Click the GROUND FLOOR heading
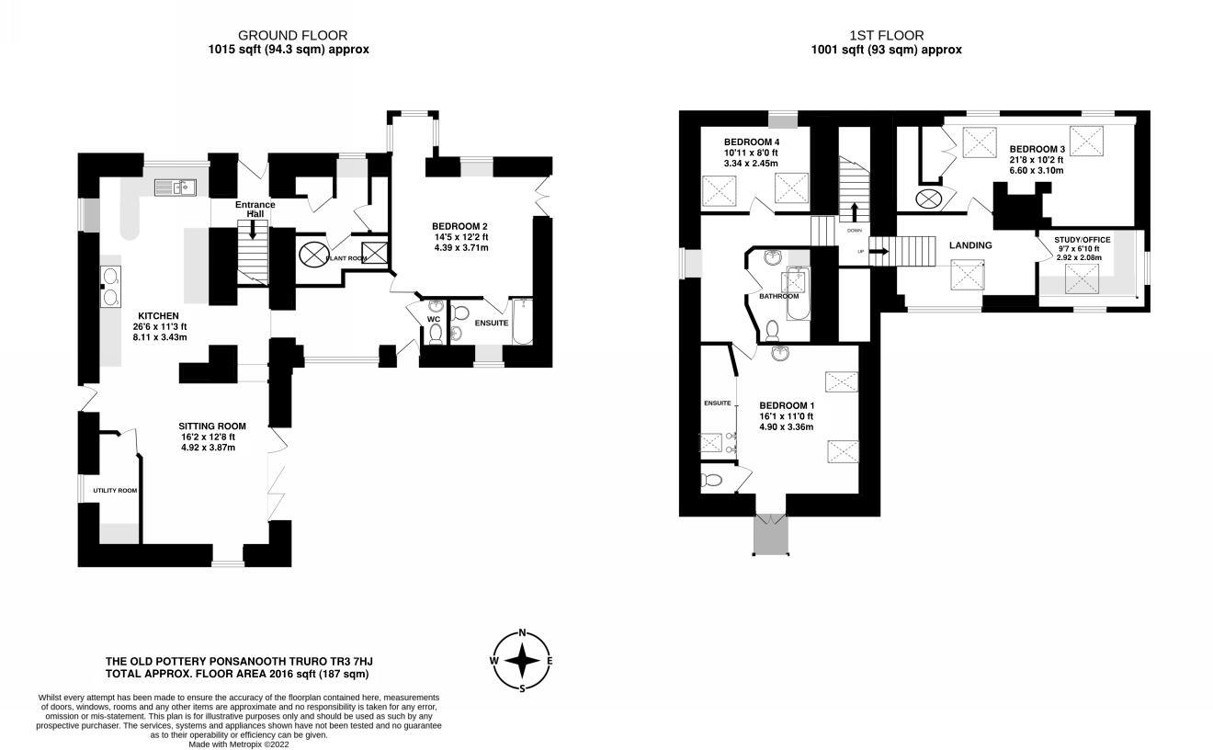(292, 36)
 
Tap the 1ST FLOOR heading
(887, 36)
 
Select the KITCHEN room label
(158, 315)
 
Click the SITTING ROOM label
(212, 426)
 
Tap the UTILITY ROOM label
(115, 491)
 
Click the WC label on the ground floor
(434, 320)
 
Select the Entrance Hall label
(255, 209)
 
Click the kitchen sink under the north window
(176, 187)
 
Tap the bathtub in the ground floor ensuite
(522, 321)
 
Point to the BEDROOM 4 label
(752, 142)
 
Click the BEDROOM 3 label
(1037, 149)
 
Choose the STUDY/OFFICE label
(1082, 240)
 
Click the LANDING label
(970, 245)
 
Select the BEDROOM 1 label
(787, 405)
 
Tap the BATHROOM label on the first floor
(778, 296)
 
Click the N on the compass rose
(522, 632)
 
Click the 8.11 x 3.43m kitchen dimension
(160, 337)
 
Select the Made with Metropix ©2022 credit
(238, 744)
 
